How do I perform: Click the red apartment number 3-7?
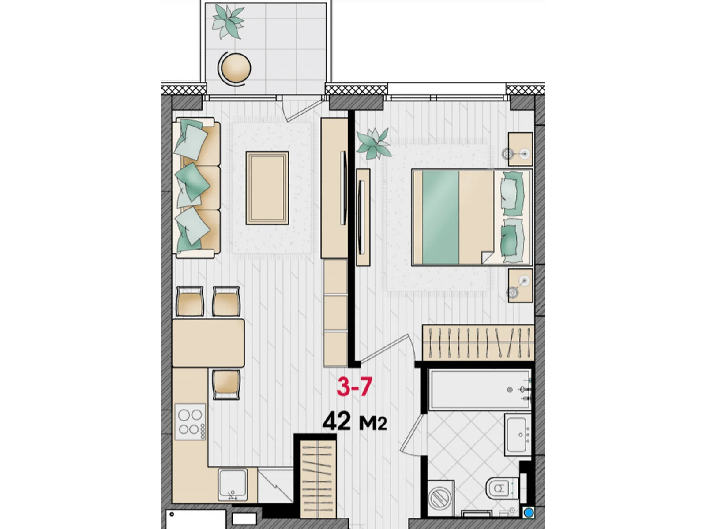[x=354, y=387]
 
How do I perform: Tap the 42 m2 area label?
[x=354, y=422]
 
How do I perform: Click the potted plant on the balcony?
[x=228, y=21]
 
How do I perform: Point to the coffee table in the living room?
[x=267, y=188]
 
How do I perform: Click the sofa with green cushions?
[x=196, y=188]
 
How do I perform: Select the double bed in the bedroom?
[x=472, y=217]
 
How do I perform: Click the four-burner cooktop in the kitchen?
[x=190, y=422]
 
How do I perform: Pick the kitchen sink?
[x=233, y=484]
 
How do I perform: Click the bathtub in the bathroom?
[x=480, y=390]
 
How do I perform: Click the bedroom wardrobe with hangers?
[x=478, y=343]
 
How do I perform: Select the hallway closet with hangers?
[x=318, y=479]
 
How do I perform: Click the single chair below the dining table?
[x=226, y=384]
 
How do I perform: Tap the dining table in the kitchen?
[x=208, y=343]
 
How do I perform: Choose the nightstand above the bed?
[x=520, y=149]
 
